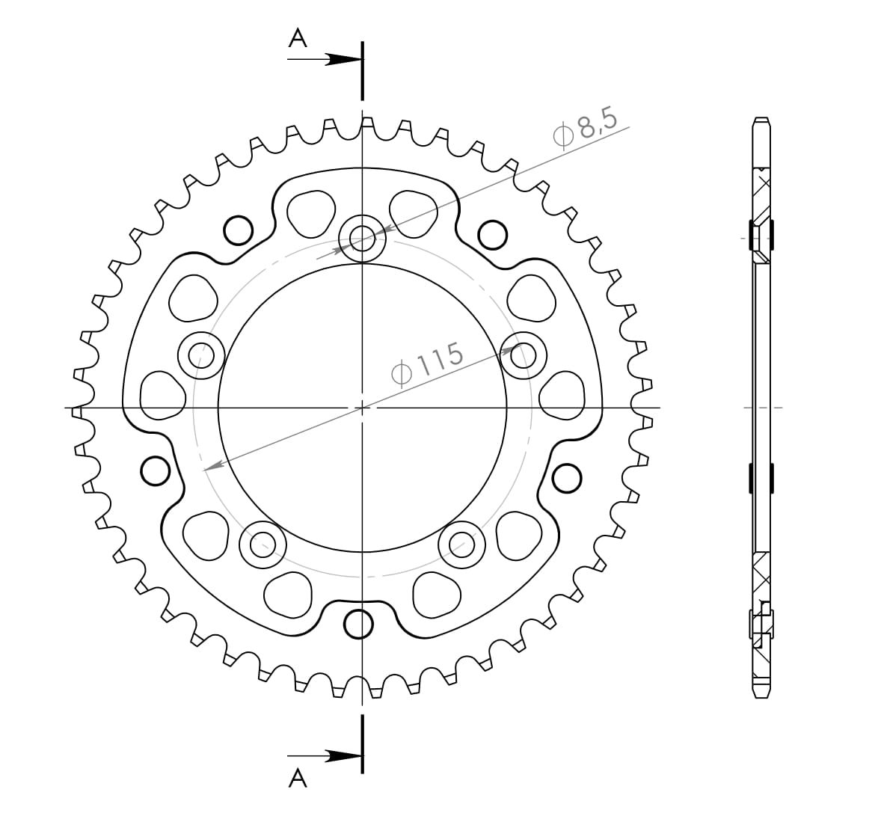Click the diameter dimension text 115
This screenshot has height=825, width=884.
(x=429, y=364)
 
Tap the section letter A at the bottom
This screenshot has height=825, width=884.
(x=298, y=779)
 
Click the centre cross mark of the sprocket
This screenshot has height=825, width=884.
(x=362, y=408)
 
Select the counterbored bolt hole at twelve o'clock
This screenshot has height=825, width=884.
(x=362, y=239)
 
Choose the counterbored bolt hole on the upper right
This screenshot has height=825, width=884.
(x=523, y=353)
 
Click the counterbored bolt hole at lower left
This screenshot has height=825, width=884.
(x=263, y=544)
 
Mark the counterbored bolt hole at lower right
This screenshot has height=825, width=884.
(x=461, y=544)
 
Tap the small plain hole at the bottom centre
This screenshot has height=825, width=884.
(x=360, y=623)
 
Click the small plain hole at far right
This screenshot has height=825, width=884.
(x=566, y=476)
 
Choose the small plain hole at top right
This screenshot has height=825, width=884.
(x=491, y=234)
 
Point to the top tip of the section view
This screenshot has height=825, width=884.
(x=761, y=119)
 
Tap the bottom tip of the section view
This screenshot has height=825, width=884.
(x=761, y=699)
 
